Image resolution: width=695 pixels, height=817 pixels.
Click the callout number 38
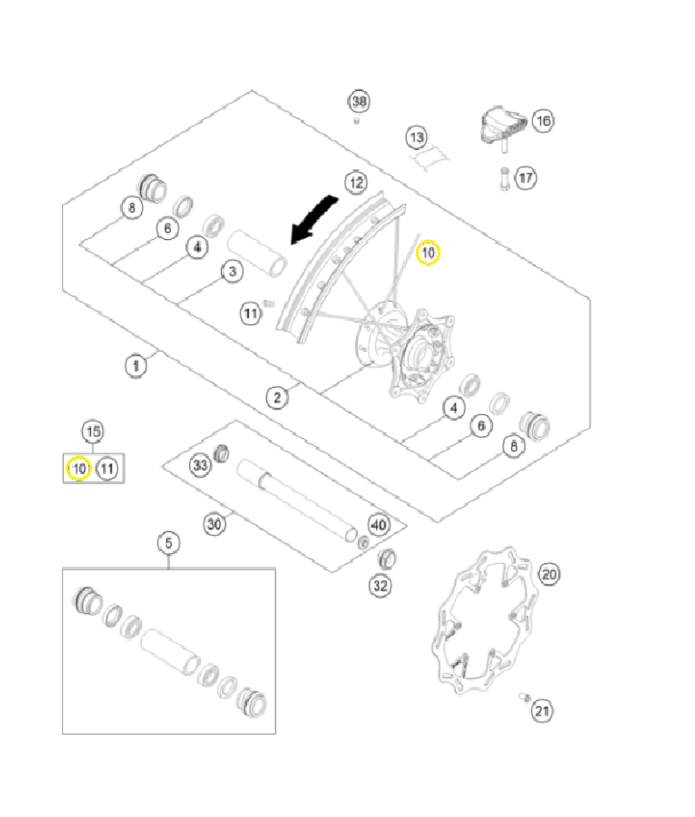pyautogui.click(x=359, y=102)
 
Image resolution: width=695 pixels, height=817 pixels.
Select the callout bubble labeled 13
pyautogui.click(x=416, y=137)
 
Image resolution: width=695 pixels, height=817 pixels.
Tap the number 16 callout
pyautogui.click(x=543, y=121)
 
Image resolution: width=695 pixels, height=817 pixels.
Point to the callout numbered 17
pyautogui.click(x=525, y=179)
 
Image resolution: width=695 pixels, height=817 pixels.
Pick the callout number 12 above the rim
pyautogui.click(x=356, y=182)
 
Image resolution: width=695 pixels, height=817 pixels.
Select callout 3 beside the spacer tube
pyautogui.click(x=233, y=271)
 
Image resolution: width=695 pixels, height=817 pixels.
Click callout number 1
pyautogui.click(x=136, y=364)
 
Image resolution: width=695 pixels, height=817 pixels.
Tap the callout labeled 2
pyautogui.click(x=277, y=398)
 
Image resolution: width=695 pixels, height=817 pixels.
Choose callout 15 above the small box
pyautogui.click(x=92, y=432)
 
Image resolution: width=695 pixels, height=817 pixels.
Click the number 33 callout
pyautogui.click(x=201, y=466)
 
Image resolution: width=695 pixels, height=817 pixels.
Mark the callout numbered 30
pyautogui.click(x=215, y=524)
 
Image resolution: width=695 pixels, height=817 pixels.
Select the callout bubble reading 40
pyautogui.click(x=379, y=525)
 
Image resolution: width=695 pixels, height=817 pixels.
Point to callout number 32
pyautogui.click(x=380, y=585)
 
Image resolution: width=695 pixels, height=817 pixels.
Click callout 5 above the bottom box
pyautogui.click(x=168, y=542)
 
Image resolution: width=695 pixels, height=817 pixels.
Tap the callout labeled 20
pyautogui.click(x=549, y=574)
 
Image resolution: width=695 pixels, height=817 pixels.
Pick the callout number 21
pyautogui.click(x=543, y=711)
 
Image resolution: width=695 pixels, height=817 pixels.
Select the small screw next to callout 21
pyautogui.click(x=525, y=697)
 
